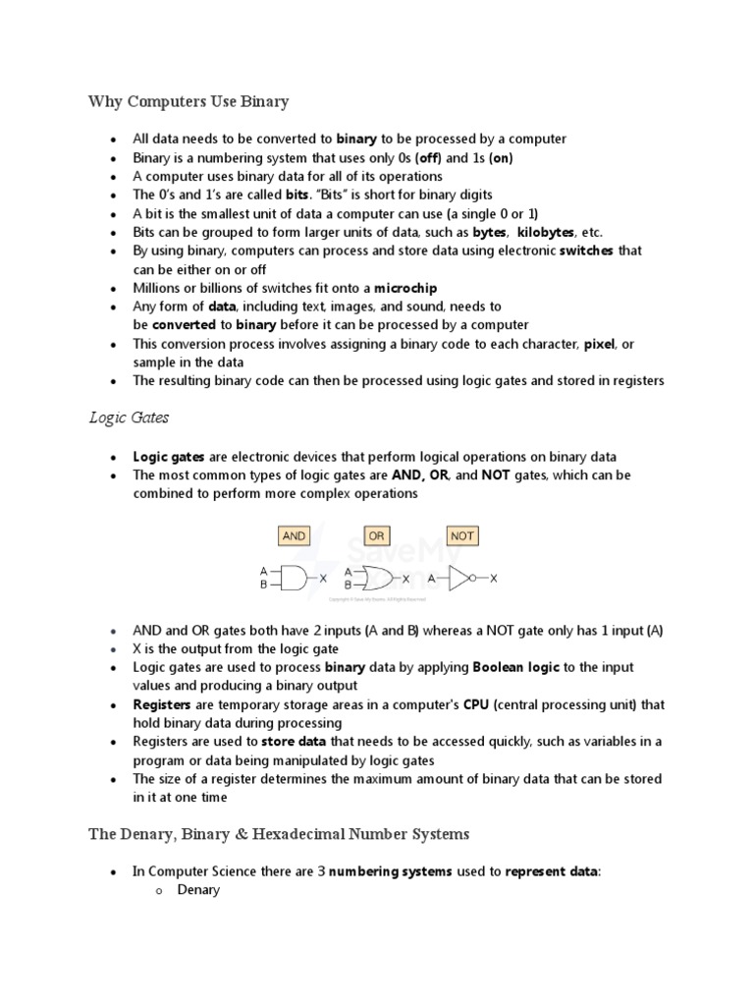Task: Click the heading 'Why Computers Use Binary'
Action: click(x=188, y=101)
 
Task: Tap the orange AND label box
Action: click(x=294, y=535)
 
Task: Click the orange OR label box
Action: click(x=376, y=535)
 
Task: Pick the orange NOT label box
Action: click(x=461, y=535)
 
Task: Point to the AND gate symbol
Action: click(x=294, y=579)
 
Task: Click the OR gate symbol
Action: click(x=378, y=579)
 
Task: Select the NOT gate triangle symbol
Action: click(x=459, y=579)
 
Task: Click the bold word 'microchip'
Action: click(x=405, y=288)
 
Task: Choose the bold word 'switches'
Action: click(x=586, y=251)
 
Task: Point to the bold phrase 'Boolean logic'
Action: click(x=516, y=667)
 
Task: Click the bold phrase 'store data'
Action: click(x=294, y=742)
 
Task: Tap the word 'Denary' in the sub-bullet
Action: click(x=198, y=890)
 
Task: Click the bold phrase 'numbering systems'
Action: click(x=391, y=871)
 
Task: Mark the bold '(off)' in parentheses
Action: click(x=428, y=157)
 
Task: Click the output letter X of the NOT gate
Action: click(x=494, y=579)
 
